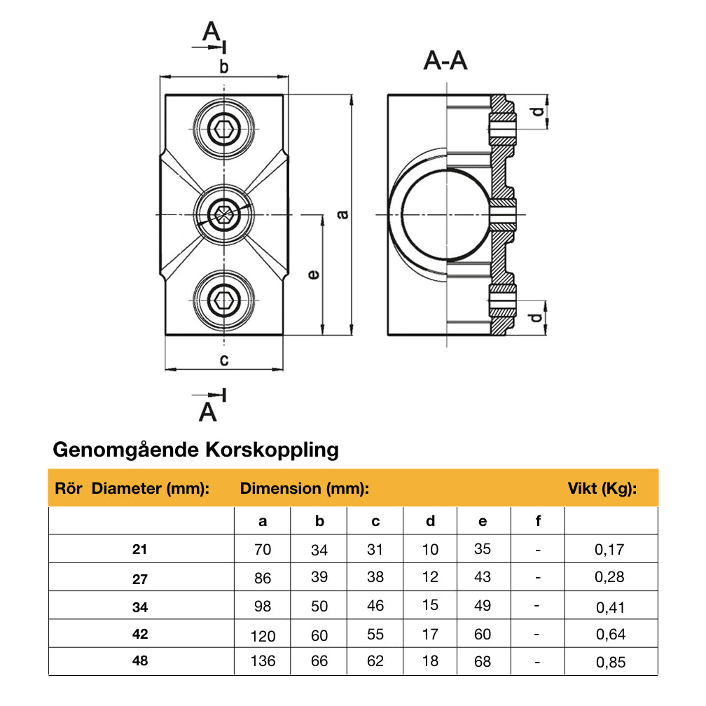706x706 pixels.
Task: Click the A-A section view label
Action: click(445, 62)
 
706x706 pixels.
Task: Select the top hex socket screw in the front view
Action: click(225, 129)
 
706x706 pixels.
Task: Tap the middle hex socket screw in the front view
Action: click(225, 214)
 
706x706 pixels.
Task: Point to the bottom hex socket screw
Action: click(225, 302)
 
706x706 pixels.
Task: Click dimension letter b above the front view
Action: click(223, 67)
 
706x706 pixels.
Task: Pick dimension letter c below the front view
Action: click(223, 360)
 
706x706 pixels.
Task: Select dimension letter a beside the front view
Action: click(342, 214)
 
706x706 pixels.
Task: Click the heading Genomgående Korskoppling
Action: click(195, 449)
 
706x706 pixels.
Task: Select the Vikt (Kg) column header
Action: click(601, 489)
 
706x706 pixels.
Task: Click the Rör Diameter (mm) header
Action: click(132, 489)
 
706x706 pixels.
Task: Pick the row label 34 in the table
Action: click(140, 607)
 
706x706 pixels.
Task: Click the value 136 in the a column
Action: click(263, 661)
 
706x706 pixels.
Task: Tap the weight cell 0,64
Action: click(609, 635)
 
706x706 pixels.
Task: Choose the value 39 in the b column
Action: click(319, 578)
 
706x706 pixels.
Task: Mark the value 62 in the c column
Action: click(375, 661)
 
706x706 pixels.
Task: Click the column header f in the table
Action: click(537, 521)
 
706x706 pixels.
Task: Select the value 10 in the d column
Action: click(430, 550)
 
